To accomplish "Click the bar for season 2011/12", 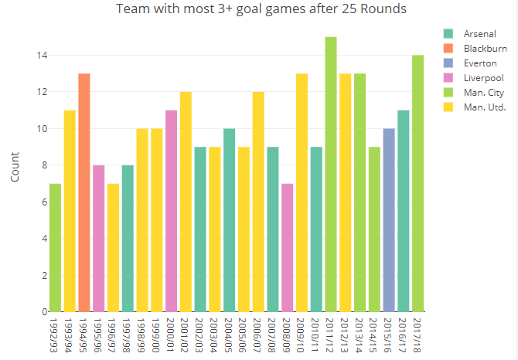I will click(331, 174).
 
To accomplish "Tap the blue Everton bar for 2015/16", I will click(389, 220).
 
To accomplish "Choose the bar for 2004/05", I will click(229, 220).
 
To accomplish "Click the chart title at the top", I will click(261, 9).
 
